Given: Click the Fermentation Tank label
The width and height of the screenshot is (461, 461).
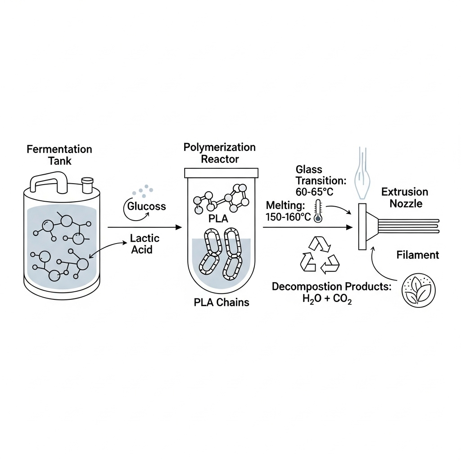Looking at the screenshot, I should [59, 154].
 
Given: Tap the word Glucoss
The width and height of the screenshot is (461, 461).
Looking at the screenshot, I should [146, 207].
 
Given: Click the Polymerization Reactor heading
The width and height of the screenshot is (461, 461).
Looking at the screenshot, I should [219, 153].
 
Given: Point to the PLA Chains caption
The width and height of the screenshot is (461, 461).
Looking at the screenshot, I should [221, 302].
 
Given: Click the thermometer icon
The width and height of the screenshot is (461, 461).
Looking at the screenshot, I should [318, 211].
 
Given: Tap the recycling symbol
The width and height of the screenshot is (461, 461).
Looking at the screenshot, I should [319, 255].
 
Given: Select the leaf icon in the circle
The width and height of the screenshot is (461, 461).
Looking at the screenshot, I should [419, 289].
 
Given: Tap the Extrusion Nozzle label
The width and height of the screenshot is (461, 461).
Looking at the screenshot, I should [405, 198].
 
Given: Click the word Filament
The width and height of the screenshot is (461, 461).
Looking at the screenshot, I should [417, 255].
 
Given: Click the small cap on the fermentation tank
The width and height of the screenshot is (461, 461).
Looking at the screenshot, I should [87, 184].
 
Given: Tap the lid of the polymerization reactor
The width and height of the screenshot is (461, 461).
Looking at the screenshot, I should [221, 173].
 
